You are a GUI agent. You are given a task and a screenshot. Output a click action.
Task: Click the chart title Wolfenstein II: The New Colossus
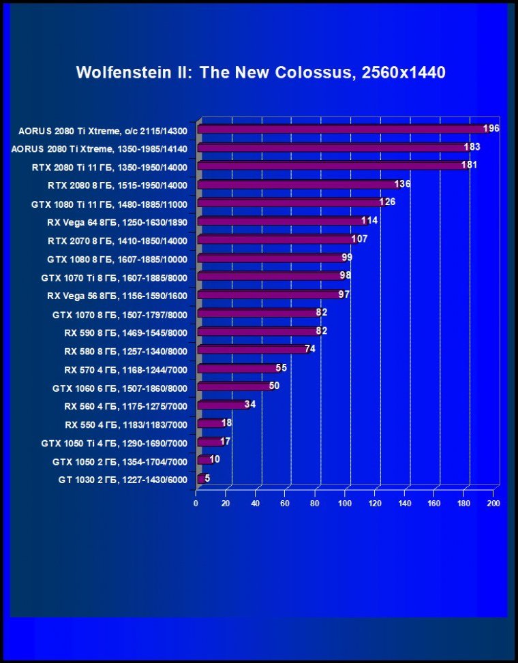pyautogui.click(x=260, y=72)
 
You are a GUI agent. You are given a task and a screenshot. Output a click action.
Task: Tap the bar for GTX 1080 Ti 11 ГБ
pyautogui.click(x=290, y=203)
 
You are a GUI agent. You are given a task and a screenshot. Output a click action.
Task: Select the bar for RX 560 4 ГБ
pyautogui.click(x=222, y=405)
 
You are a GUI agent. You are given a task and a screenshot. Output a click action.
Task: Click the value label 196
pyautogui.click(x=491, y=129)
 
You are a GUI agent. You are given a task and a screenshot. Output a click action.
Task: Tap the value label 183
pyautogui.click(x=472, y=147)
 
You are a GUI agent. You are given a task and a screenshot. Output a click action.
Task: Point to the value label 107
pyautogui.click(x=359, y=240)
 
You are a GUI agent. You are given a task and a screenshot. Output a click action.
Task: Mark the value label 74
pyautogui.click(x=309, y=349)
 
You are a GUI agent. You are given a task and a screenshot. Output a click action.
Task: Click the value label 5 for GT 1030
pyautogui.click(x=207, y=478)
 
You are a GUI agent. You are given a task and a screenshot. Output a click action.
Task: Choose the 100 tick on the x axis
pyautogui.click(x=345, y=504)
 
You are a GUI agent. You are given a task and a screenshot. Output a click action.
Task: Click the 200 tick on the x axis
pyautogui.click(x=493, y=504)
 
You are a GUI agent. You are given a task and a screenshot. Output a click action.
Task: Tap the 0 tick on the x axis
pyautogui.click(x=196, y=504)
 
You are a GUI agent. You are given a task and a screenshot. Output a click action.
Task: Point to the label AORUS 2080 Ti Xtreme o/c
pyautogui.click(x=107, y=129)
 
